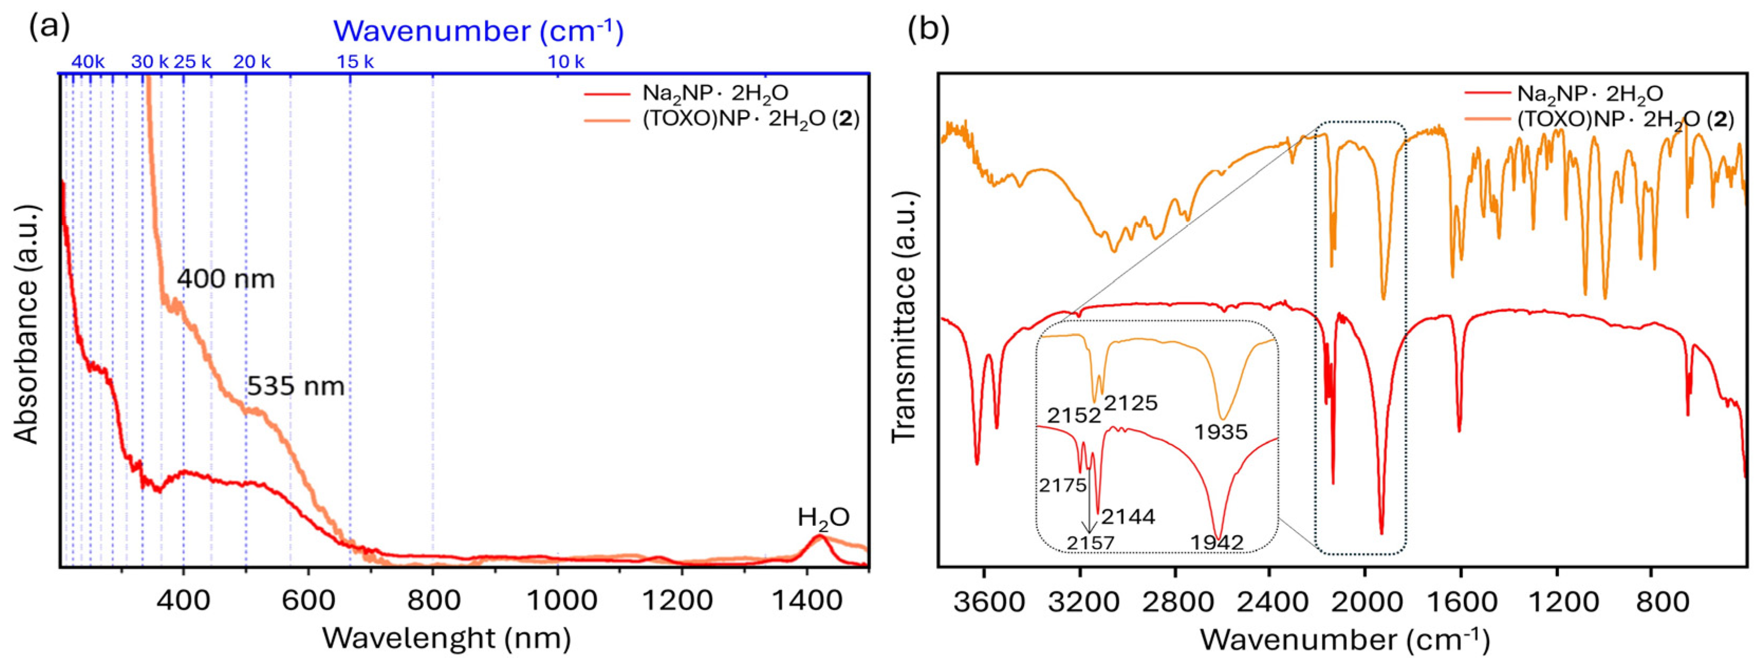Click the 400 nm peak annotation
tap(226, 279)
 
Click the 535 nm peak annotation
tap(295, 387)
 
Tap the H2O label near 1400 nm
tap(823, 518)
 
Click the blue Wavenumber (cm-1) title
tap(478, 31)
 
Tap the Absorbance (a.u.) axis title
tap(27, 322)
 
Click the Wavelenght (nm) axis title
tap(447, 639)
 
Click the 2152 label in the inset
tap(1073, 415)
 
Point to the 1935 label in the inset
tap(1221, 432)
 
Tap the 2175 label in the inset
tap(1062, 485)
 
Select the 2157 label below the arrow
tap(1091, 543)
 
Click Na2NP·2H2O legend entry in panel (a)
tap(715, 94)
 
